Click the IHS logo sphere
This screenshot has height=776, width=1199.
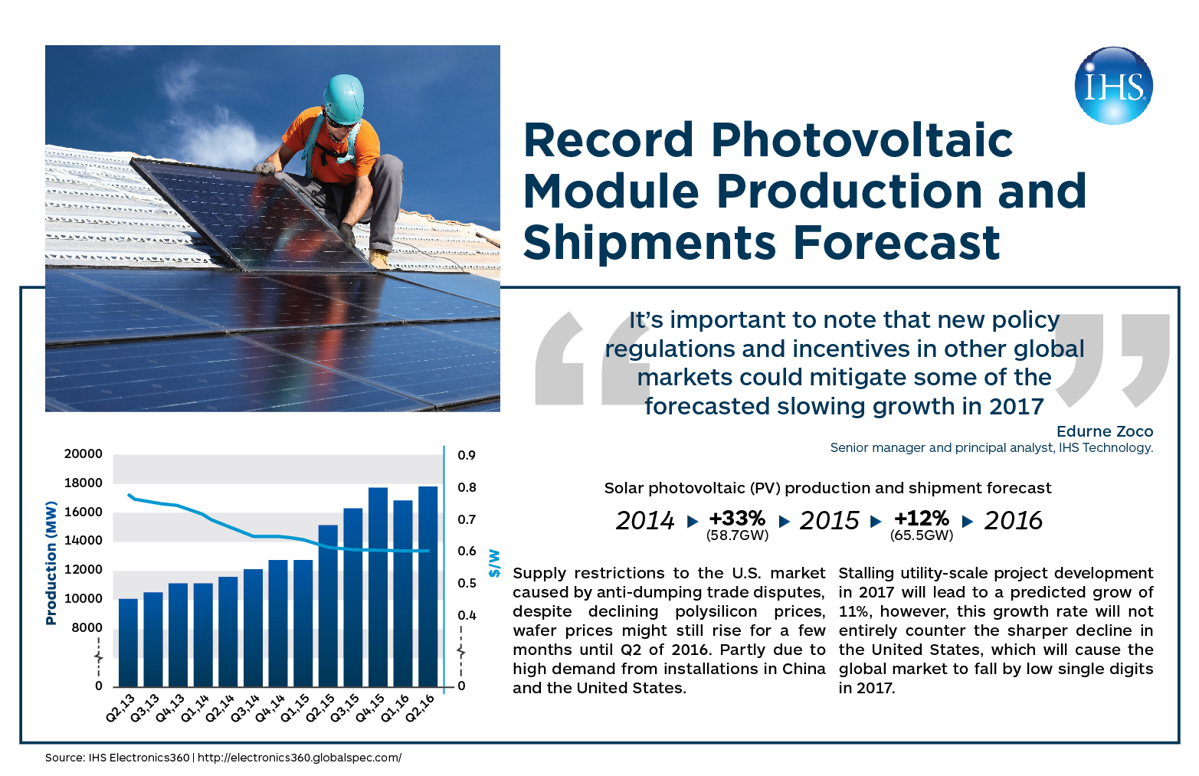(1113, 86)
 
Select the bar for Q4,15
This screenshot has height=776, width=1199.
(378, 587)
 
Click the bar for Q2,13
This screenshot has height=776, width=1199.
(128, 642)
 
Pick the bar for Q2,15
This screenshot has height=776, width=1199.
(328, 605)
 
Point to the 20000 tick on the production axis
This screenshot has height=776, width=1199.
(83, 454)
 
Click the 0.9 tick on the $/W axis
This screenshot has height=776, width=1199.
(467, 455)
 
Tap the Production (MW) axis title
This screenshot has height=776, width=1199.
(51, 562)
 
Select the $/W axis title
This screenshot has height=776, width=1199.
(494, 563)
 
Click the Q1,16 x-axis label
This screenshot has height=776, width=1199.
(395, 708)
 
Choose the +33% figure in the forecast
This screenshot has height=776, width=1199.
(737, 519)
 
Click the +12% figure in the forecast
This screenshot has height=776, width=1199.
(921, 519)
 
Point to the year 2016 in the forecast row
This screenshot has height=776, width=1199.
(1013, 521)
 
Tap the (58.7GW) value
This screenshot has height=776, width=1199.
(737, 535)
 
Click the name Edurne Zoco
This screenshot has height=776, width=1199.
(1104, 431)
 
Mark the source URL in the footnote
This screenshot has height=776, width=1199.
(300, 758)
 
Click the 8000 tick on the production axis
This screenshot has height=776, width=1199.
(87, 627)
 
